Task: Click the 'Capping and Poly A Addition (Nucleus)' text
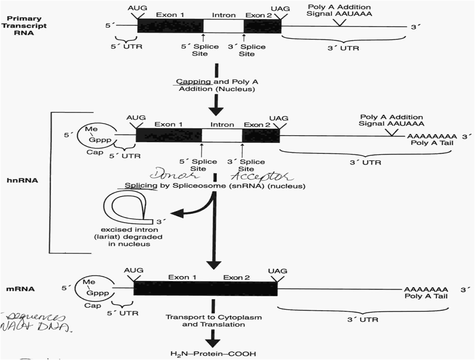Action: [217, 85]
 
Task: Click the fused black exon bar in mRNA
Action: [205, 289]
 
